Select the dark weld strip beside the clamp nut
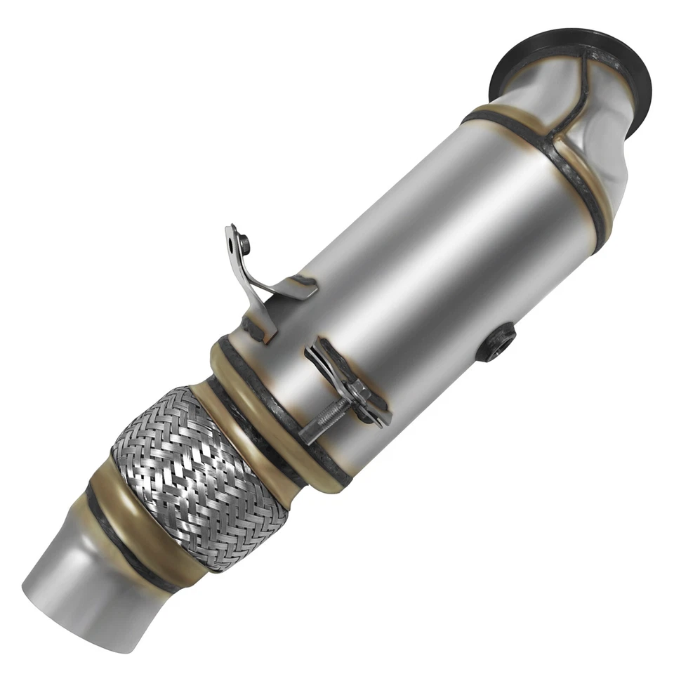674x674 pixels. (376, 404)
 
